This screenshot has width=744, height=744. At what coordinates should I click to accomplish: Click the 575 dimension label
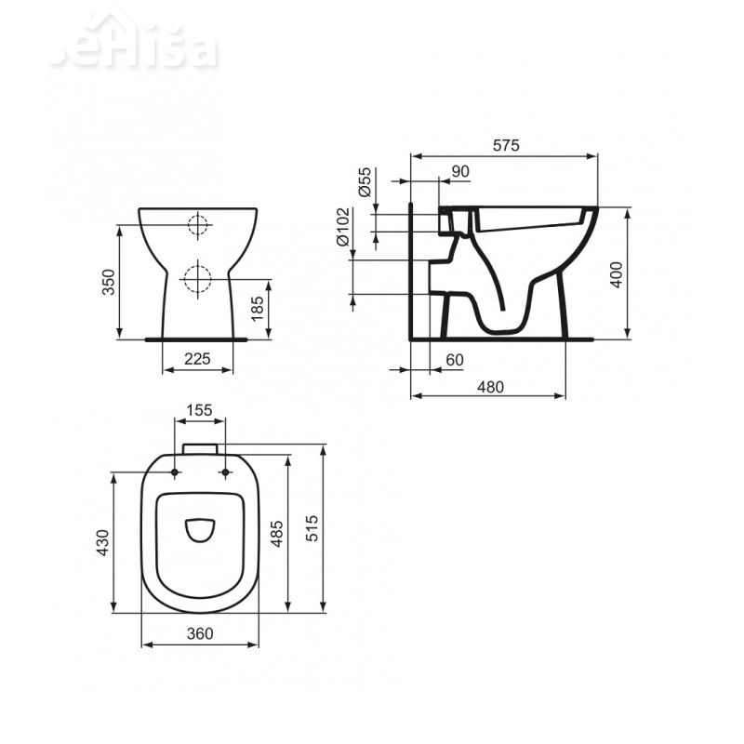[505, 145]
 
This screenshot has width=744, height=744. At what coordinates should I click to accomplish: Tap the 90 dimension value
[459, 170]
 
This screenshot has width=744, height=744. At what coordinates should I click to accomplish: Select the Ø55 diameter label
[365, 180]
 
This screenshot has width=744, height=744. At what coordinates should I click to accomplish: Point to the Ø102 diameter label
[343, 226]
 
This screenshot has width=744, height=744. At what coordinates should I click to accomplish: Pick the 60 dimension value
[454, 359]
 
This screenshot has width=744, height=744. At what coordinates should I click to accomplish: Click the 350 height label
[107, 282]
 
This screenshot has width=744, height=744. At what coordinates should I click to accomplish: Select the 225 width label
[198, 358]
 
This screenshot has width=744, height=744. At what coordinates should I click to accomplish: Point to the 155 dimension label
[199, 409]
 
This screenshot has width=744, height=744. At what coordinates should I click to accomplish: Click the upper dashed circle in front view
[198, 224]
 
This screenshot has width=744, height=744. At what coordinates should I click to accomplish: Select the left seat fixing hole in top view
[174, 473]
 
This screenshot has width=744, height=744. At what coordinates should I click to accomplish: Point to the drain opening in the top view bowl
[199, 529]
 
